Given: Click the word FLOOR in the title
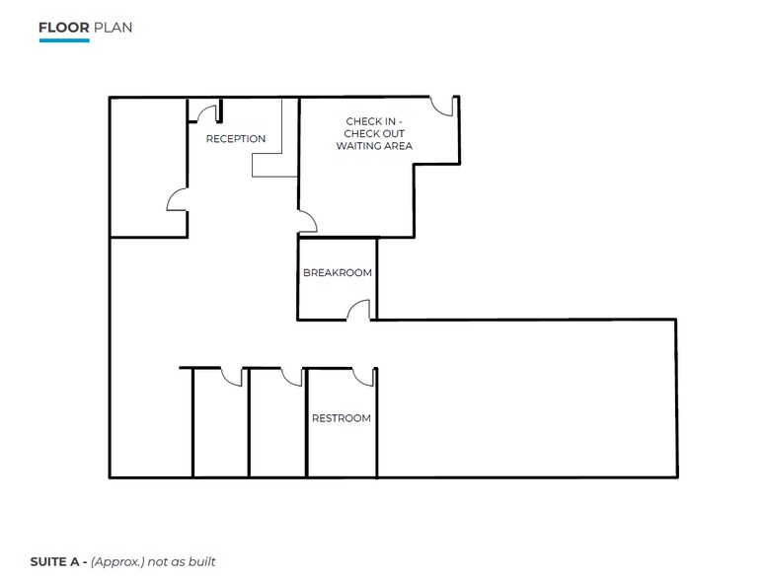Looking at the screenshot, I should click(x=63, y=28).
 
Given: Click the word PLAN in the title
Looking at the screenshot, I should click(x=113, y=28).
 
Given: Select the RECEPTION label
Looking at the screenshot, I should click(x=235, y=139).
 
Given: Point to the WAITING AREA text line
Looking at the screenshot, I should click(x=374, y=146).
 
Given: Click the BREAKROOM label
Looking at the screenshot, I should click(x=338, y=273).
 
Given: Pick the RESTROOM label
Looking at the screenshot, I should click(x=342, y=418).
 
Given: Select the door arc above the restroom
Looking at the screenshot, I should click(x=363, y=377).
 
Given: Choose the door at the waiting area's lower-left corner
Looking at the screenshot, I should click(x=308, y=222).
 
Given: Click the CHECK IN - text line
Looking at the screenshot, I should click(x=374, y=121).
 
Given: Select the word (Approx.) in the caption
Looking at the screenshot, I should click(x=116, y=562).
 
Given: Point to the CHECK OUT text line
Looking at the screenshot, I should click(x=374, y=134).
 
